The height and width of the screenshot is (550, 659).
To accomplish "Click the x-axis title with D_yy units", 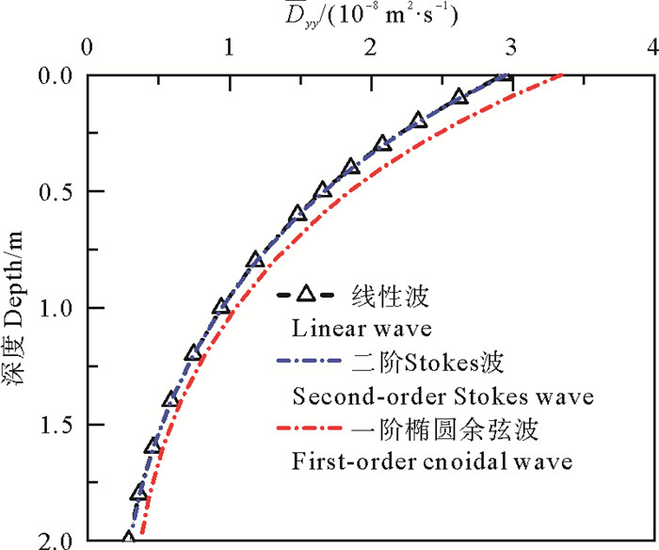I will click(368, 13).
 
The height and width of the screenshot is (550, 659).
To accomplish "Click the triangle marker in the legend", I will click(304, 298).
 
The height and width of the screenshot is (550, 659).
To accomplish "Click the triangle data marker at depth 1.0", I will click(221, 307).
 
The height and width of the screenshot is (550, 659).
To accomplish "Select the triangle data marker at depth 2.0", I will click(129, 540).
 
